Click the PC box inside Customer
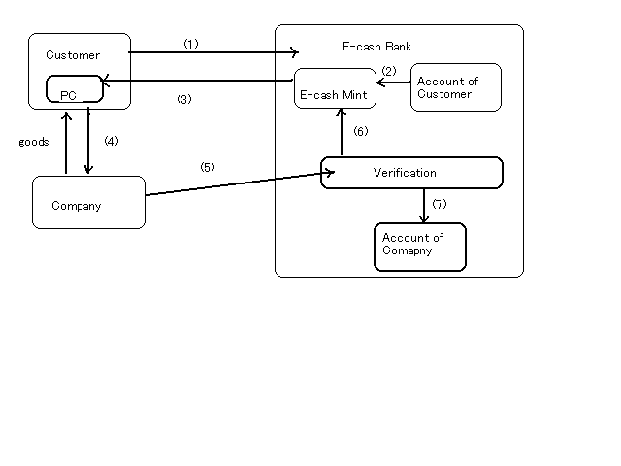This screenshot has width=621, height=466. (x=74, y=89)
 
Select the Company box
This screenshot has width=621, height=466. (x=88, y=203)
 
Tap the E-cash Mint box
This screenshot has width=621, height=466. (x=335, y=88)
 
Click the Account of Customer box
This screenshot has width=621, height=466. (x=455, y=88)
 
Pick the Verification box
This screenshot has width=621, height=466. (x=411, y=173)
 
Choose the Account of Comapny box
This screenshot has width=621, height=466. (x=420, y=247)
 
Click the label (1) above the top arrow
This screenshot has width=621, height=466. (x=190, y=44)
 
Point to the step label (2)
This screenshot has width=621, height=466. (x=389, y=71)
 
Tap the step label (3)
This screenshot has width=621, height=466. (x=184, y=99)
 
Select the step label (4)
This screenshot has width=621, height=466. (x=111, y=141)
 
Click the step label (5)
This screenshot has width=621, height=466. (x=207, y=167)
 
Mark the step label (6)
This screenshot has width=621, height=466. (x=360, y=131)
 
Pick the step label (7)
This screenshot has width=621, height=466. (x=439, y=204)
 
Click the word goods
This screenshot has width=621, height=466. (x=34, y=142)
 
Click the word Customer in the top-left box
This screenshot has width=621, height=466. (x=73, y=55)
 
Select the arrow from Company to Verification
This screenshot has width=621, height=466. (x=233, y=183)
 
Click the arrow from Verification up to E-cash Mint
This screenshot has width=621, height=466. (x=342, y=131)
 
